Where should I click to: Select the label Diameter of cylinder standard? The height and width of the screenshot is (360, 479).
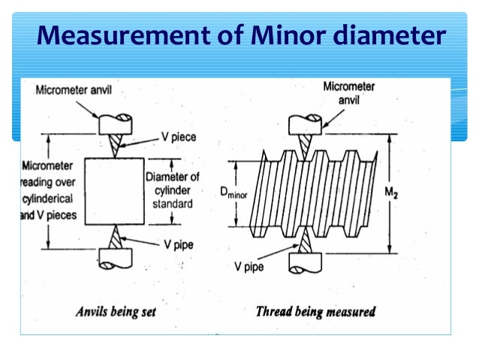(x=173, y=191)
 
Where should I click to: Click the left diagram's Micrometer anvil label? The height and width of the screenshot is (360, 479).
(x=73, y=91)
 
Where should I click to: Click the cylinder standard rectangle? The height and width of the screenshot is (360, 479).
(x=111, y=191)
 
